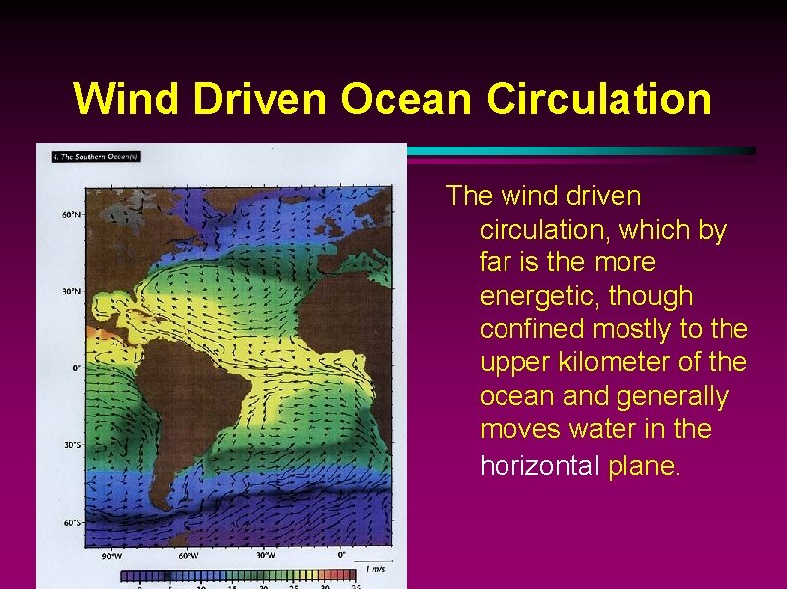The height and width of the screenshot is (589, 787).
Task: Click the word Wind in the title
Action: coord(131,99)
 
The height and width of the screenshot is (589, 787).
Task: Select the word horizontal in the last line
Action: coord(536,465)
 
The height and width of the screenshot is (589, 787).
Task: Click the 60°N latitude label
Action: coord(70,214)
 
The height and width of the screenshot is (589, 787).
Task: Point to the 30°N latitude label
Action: coord(70,291)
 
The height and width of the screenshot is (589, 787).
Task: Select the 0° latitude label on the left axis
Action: coord(75,368)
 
